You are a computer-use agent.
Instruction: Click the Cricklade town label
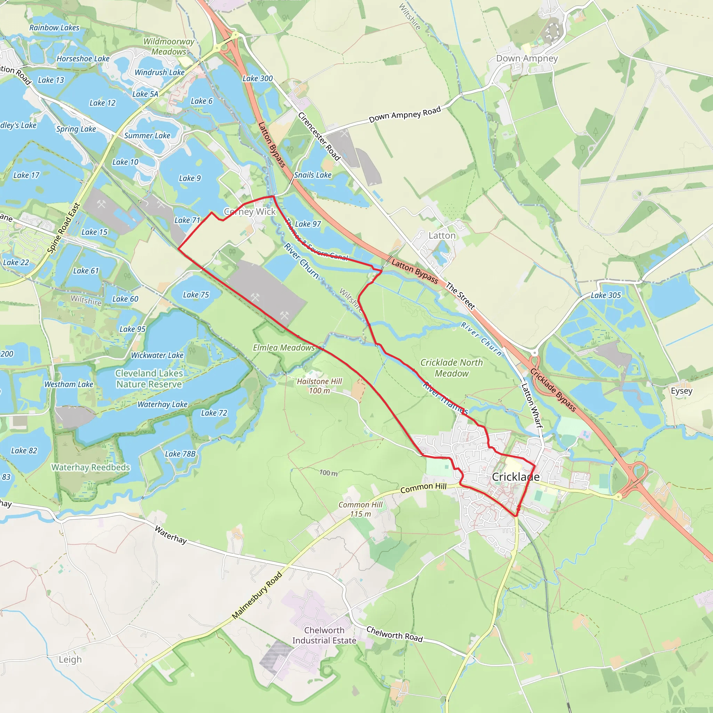[516, 477]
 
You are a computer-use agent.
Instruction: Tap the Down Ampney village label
[527, 58]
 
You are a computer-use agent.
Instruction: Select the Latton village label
[442, 235]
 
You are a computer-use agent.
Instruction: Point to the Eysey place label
[681, 391]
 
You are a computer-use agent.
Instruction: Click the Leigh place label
[70, 659]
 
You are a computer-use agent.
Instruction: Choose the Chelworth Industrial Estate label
[324, 635]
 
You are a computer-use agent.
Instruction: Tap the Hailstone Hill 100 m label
[320, 386]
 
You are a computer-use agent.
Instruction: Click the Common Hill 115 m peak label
[361, 509]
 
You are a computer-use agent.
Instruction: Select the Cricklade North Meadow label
[451, 368]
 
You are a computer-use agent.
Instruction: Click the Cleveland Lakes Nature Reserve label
[149, 379]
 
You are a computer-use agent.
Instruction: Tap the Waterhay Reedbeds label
[91, 467]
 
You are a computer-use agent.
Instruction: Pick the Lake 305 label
[606, 295]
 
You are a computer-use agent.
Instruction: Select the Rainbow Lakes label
[54, 28]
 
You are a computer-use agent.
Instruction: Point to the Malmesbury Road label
[257, 595]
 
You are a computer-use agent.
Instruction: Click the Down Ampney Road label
[405, 115]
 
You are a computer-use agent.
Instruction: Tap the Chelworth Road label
[394, 634]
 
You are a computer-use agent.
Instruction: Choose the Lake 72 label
[214, 413]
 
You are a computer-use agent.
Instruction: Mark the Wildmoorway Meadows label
[169, 47]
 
